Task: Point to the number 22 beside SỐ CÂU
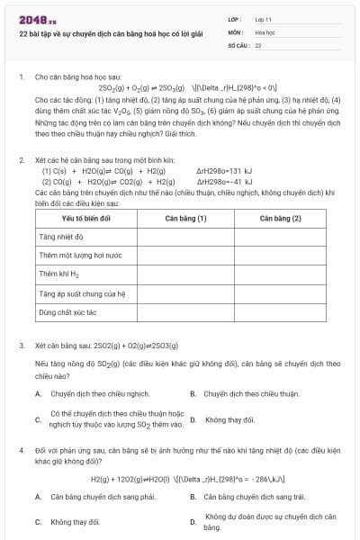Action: pos(258,44)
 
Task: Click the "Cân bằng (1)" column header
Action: pos(185,218)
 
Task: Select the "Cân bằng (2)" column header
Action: pos(279,218)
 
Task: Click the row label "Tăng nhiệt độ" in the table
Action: pos(61,237)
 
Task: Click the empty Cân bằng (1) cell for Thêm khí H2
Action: pos(185,274)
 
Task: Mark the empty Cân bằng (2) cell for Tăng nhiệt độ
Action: pos(279,237)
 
